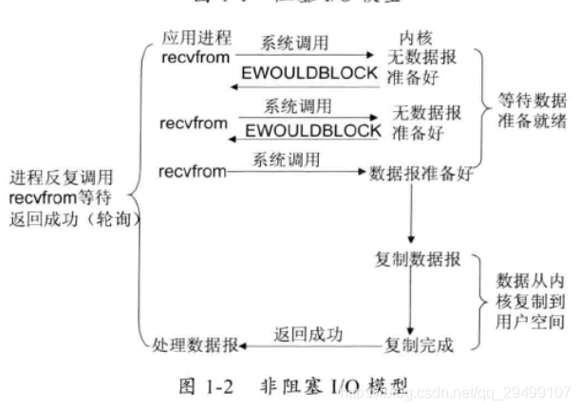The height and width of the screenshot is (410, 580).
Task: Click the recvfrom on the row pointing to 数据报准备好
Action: tap(190, 172)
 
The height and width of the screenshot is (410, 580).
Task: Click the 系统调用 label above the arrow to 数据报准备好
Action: tap(284, 158)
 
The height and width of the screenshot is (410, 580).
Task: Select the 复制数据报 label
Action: tap(418, 259)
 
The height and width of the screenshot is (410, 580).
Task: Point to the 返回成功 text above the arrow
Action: tap(308, 333)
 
